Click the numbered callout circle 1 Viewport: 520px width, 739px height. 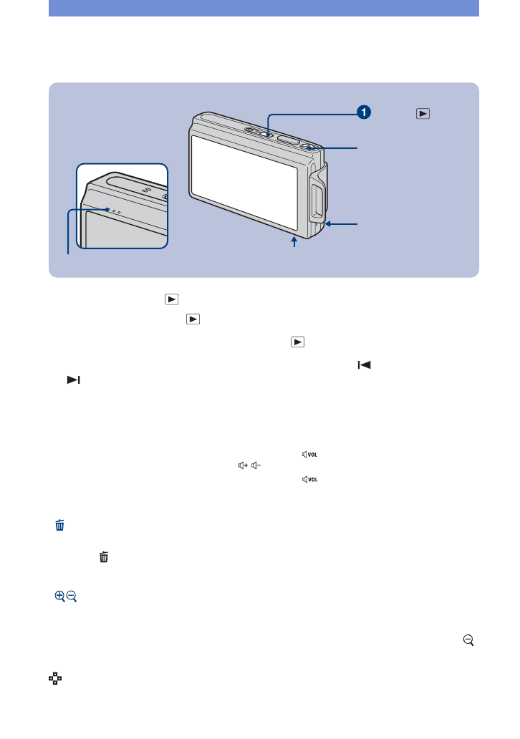click(x=365, y=112)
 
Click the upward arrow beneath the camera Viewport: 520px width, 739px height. click(x=294, y=243)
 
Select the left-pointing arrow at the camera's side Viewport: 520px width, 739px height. click(x=329, y=224)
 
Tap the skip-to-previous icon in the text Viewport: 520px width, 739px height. click(x=365, y=366)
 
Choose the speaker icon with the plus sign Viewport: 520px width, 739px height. click(x=241, y=465)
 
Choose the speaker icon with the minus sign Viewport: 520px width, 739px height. click(x=254, y=465)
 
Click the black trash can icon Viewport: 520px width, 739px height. click(x=105, y=556)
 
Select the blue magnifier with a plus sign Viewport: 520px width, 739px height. click(x=59, y=596)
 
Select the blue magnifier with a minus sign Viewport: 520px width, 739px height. click(x=72, y=596)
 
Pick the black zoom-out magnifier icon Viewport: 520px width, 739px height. click(x=468, y=643)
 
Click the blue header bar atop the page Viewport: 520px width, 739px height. click(x=263, y=8)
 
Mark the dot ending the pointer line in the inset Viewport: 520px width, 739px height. click(x=107, y=210)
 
